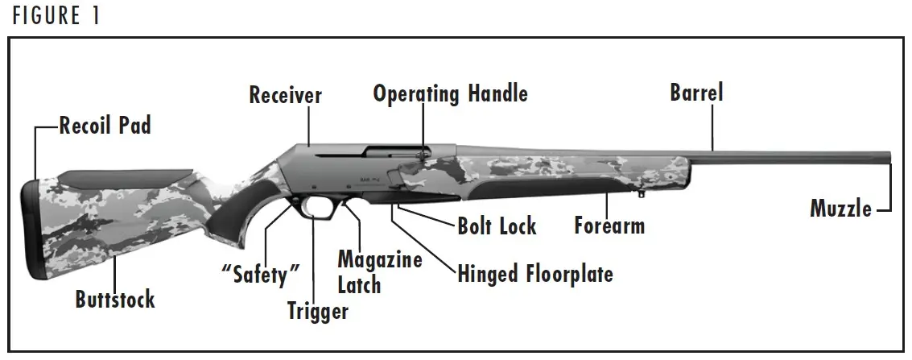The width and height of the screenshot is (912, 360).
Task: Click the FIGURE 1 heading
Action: click(56, 16)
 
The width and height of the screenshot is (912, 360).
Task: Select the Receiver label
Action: click(285, 95)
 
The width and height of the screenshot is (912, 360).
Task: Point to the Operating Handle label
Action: click(450, 93)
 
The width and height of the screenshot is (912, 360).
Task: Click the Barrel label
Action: click(696, 93)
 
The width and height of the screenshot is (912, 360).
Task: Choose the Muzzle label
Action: click(840, 209)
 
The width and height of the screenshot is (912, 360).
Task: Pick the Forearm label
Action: click(609, 226)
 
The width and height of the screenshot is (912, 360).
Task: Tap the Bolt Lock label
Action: click(497, 226)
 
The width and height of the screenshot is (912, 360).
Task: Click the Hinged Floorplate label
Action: click(535, 274)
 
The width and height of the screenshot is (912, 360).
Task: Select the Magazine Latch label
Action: click(379, 272)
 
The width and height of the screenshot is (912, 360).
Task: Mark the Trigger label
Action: click(318, 311)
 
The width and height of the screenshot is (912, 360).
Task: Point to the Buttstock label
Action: click(115, 300)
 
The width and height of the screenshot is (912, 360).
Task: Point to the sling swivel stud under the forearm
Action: click(641, 193)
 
